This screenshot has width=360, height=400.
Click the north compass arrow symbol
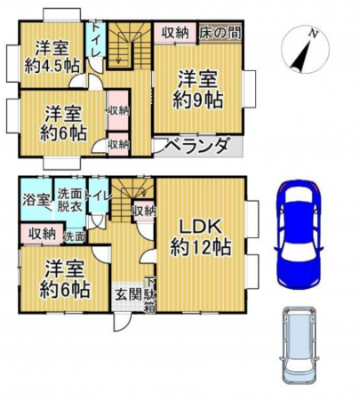303,50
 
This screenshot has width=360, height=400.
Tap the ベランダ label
197,147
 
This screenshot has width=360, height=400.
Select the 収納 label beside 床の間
175,32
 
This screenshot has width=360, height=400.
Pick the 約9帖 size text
197,99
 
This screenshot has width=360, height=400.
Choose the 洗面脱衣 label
68,199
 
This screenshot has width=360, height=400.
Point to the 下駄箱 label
149,294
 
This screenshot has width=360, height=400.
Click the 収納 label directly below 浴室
41,234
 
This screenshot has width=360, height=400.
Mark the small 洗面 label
75,236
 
